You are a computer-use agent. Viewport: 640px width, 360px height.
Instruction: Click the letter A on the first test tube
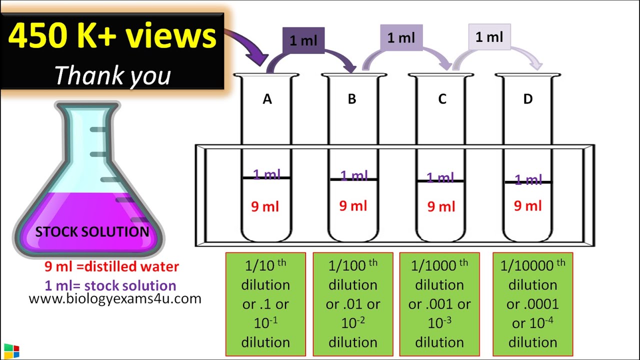pos(267,99)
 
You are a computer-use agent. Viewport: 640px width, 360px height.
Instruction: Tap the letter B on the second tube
pos(352,99)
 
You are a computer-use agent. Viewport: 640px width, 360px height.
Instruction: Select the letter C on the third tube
pos(442,99)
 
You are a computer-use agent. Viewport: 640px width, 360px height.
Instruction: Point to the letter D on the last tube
pos(528,99)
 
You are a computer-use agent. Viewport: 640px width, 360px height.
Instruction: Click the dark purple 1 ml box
pos(303,40)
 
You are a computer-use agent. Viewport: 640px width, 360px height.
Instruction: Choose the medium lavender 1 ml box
pos(401,37)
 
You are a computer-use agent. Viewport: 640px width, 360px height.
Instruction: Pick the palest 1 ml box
pos(489,37)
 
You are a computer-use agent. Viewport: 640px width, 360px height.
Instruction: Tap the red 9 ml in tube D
pos(528,205)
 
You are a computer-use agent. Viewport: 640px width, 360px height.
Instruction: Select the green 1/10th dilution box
pos(265,303)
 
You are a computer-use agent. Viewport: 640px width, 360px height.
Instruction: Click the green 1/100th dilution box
pos(353,303)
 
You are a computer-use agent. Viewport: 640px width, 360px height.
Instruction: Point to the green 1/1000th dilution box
pos(439,303)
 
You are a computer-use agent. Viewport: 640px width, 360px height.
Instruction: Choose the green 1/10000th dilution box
pos(532,303)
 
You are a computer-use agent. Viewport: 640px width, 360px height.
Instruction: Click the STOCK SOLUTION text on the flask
pos(92,232)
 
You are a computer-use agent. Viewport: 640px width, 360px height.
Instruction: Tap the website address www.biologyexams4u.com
pos(115,299)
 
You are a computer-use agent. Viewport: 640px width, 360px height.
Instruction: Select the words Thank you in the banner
pos(112,75)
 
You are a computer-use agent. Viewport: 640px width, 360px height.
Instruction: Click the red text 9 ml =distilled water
pos(111,267)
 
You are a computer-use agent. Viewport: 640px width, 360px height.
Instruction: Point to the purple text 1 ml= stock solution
pos(110,286)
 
